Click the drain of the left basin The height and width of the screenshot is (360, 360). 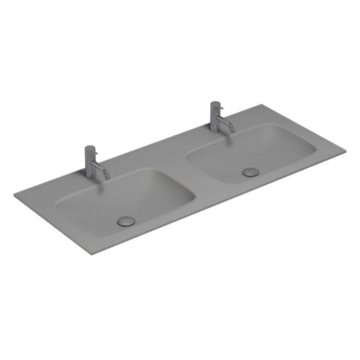[x=126, y=221]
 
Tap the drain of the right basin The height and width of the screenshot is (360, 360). [x=251, y=171]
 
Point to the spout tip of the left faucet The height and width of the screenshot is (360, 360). [x=108, y=179]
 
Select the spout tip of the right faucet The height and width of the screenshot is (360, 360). [x=233, y=131]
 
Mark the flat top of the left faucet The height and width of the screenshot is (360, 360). [x=90, y=147]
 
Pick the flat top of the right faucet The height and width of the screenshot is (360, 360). [x=215, y=103]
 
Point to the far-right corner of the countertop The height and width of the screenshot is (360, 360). [x=345, y=150]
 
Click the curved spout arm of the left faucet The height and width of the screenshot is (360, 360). [x=103, y=168]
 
